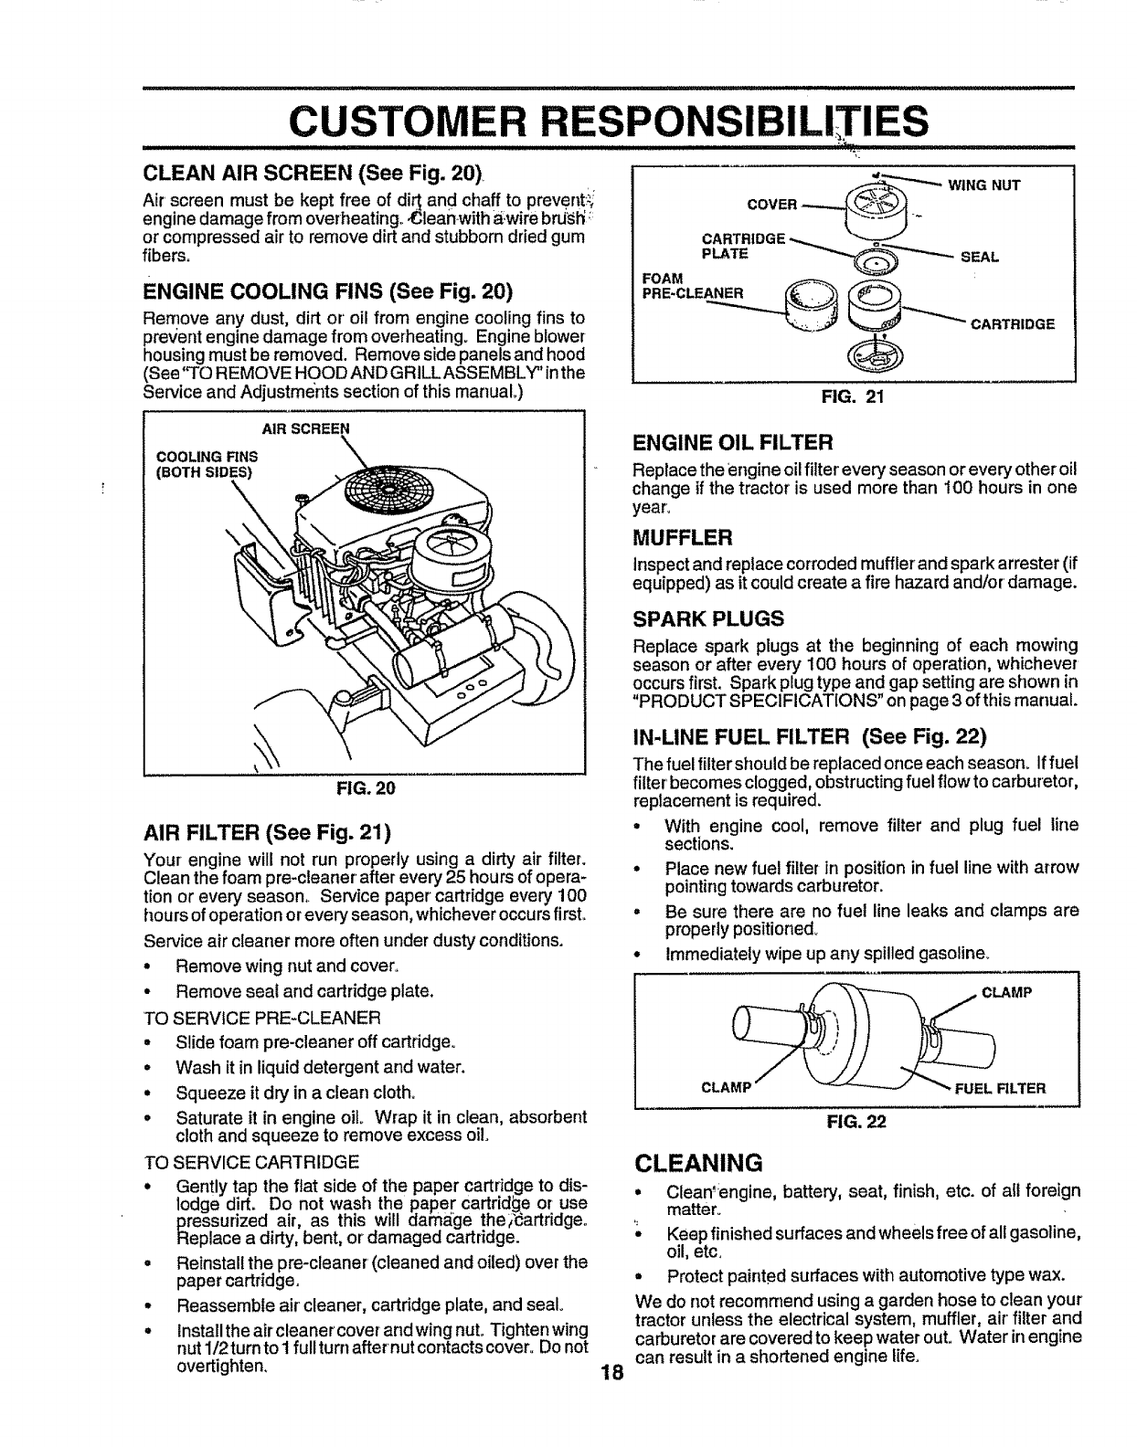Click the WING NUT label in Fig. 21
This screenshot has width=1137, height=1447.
[x=984, y=185]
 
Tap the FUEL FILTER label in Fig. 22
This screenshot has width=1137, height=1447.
[x=1001, y=1088]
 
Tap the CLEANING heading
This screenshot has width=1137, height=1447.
[x=698, y=1163]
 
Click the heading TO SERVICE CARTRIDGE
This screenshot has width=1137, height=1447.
[x=252, y=1162]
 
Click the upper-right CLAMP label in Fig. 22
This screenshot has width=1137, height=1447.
[x=1006, y=994]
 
